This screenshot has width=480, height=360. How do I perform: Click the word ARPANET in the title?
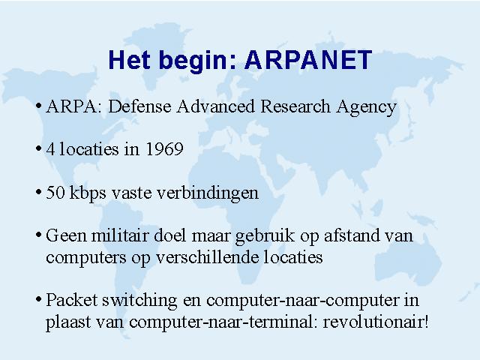[308, 60]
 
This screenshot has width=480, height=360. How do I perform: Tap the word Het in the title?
[130, 60]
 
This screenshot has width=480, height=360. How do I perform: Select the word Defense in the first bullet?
[139, 106]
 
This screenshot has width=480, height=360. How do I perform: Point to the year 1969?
[164, 149]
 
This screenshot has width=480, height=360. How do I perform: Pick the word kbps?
[88, 193]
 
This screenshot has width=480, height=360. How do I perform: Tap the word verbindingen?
[208, 193]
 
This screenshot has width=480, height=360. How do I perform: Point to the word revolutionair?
[373, 322]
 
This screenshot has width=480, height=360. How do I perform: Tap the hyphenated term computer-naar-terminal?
[223, 322]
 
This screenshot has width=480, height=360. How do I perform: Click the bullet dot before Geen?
[38, 235]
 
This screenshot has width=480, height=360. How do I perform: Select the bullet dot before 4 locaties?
[38, 149]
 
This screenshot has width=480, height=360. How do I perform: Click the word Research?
[295, 106]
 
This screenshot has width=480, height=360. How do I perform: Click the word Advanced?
[215, 106]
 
